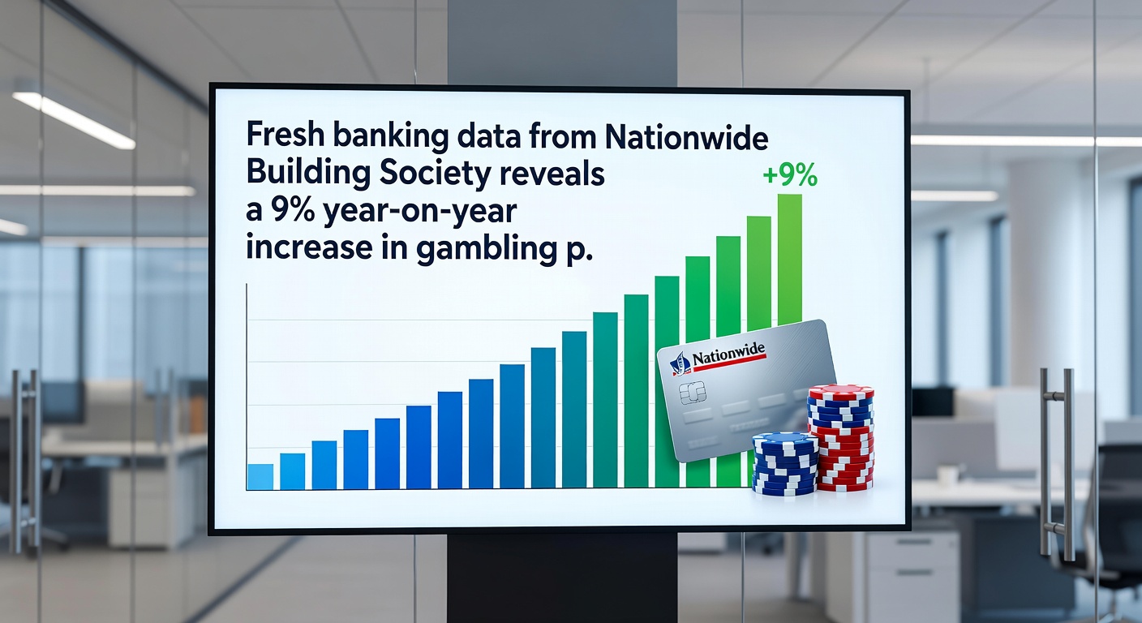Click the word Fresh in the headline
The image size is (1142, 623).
point(285,136)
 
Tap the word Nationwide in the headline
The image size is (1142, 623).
point(686,136)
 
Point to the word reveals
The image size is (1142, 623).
point(552,174)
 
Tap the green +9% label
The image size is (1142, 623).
point(790,175)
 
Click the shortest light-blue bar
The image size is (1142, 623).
point(260,477)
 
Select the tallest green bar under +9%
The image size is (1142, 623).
point(790,260)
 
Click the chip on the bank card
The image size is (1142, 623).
point(692,393)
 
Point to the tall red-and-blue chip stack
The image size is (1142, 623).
point(842,437)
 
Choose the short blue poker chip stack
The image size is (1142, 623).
point(784,463)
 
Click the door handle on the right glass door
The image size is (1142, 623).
point(1056,465)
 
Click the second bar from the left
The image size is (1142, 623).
point(293,471)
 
